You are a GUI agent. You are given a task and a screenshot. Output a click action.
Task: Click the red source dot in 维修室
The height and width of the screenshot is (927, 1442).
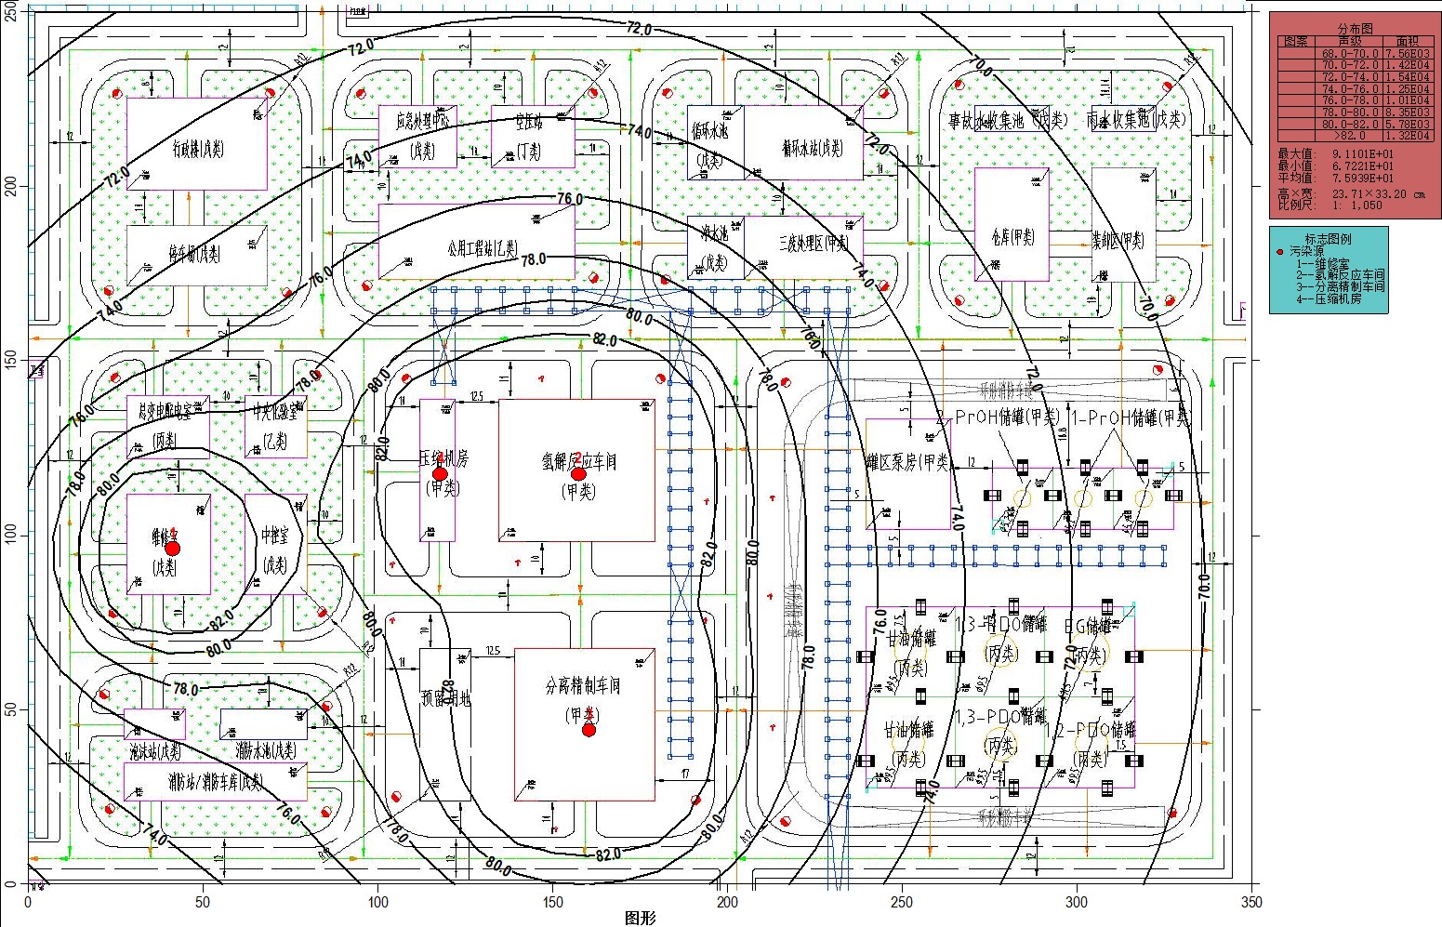(172, 548)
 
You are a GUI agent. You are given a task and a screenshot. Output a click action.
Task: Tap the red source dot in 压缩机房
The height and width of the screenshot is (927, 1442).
(440, 473)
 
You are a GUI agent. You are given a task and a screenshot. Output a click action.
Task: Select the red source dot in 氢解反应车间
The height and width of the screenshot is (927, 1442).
(578, 473)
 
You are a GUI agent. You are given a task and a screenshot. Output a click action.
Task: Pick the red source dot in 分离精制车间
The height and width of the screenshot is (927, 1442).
(589, 730)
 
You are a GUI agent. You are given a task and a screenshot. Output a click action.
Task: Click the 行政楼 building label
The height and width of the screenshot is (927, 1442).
(197, 148)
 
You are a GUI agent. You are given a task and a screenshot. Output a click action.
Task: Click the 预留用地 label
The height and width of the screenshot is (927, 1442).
(445, 698)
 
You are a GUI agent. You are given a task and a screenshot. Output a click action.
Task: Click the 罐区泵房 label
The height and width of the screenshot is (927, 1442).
(907, 462)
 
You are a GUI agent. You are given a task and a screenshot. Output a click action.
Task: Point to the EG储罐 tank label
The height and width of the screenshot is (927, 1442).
(1087, 626)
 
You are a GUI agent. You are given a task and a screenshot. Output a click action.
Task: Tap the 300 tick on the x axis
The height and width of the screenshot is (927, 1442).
(1077, 902)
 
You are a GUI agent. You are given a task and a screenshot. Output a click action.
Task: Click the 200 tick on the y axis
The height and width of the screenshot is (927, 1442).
(12, 186)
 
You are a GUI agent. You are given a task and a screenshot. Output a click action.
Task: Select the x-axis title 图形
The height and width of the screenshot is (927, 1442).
(641, 919)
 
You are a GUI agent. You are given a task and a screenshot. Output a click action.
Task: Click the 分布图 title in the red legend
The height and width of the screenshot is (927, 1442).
(1355, 30)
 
